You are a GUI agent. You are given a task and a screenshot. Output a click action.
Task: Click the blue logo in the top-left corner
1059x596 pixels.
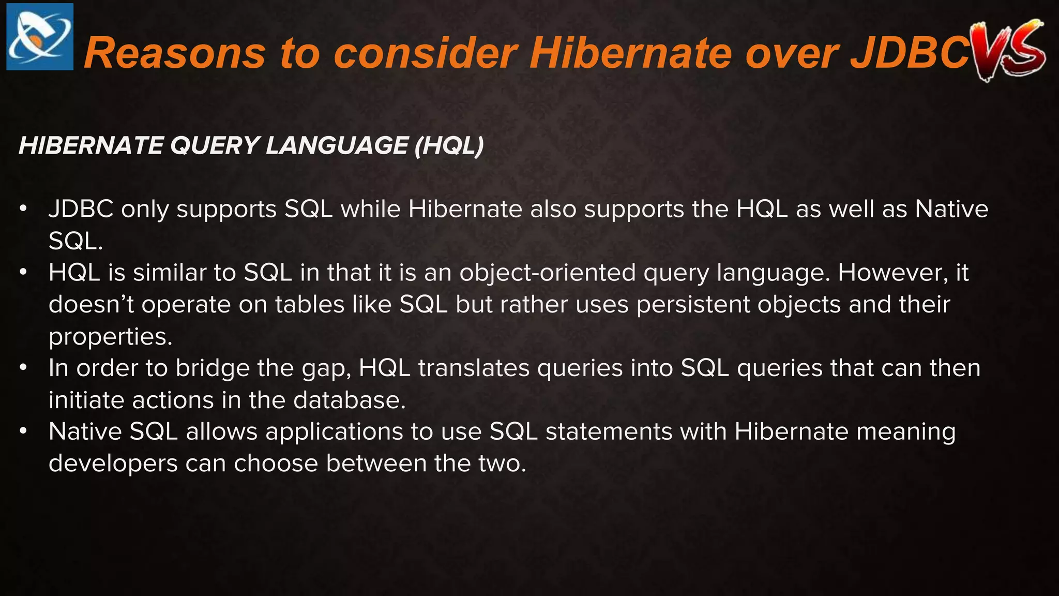point(40,37)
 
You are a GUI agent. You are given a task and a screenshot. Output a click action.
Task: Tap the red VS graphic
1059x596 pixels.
point(1009,49)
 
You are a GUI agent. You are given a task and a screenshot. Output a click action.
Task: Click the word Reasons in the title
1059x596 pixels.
point(175,53)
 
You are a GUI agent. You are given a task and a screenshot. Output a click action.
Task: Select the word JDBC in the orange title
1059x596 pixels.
point(910,53)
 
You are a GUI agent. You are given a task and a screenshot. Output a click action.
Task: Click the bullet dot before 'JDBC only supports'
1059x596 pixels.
point(23,210)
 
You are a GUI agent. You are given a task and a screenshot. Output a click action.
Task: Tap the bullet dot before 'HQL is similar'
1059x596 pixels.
point(23,273)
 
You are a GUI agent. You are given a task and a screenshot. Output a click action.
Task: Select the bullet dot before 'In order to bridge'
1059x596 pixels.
point(23,368)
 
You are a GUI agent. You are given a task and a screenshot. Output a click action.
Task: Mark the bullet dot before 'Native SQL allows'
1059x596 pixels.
point(23,431)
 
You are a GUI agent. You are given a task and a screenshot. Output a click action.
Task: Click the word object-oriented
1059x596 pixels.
point(548,273)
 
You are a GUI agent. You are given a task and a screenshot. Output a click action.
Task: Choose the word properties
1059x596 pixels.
point(110,337)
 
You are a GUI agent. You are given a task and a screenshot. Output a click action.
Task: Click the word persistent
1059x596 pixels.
point(693,304)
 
